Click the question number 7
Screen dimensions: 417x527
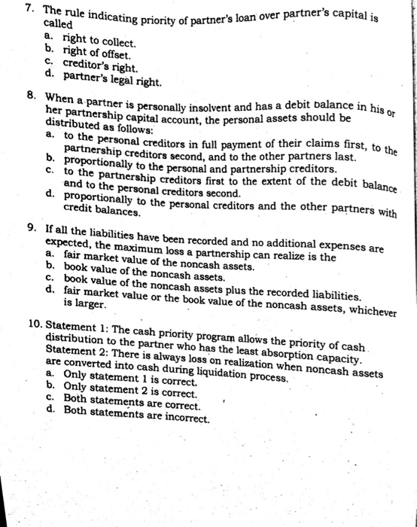[28, 8]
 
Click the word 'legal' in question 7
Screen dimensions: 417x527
[132, 78]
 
